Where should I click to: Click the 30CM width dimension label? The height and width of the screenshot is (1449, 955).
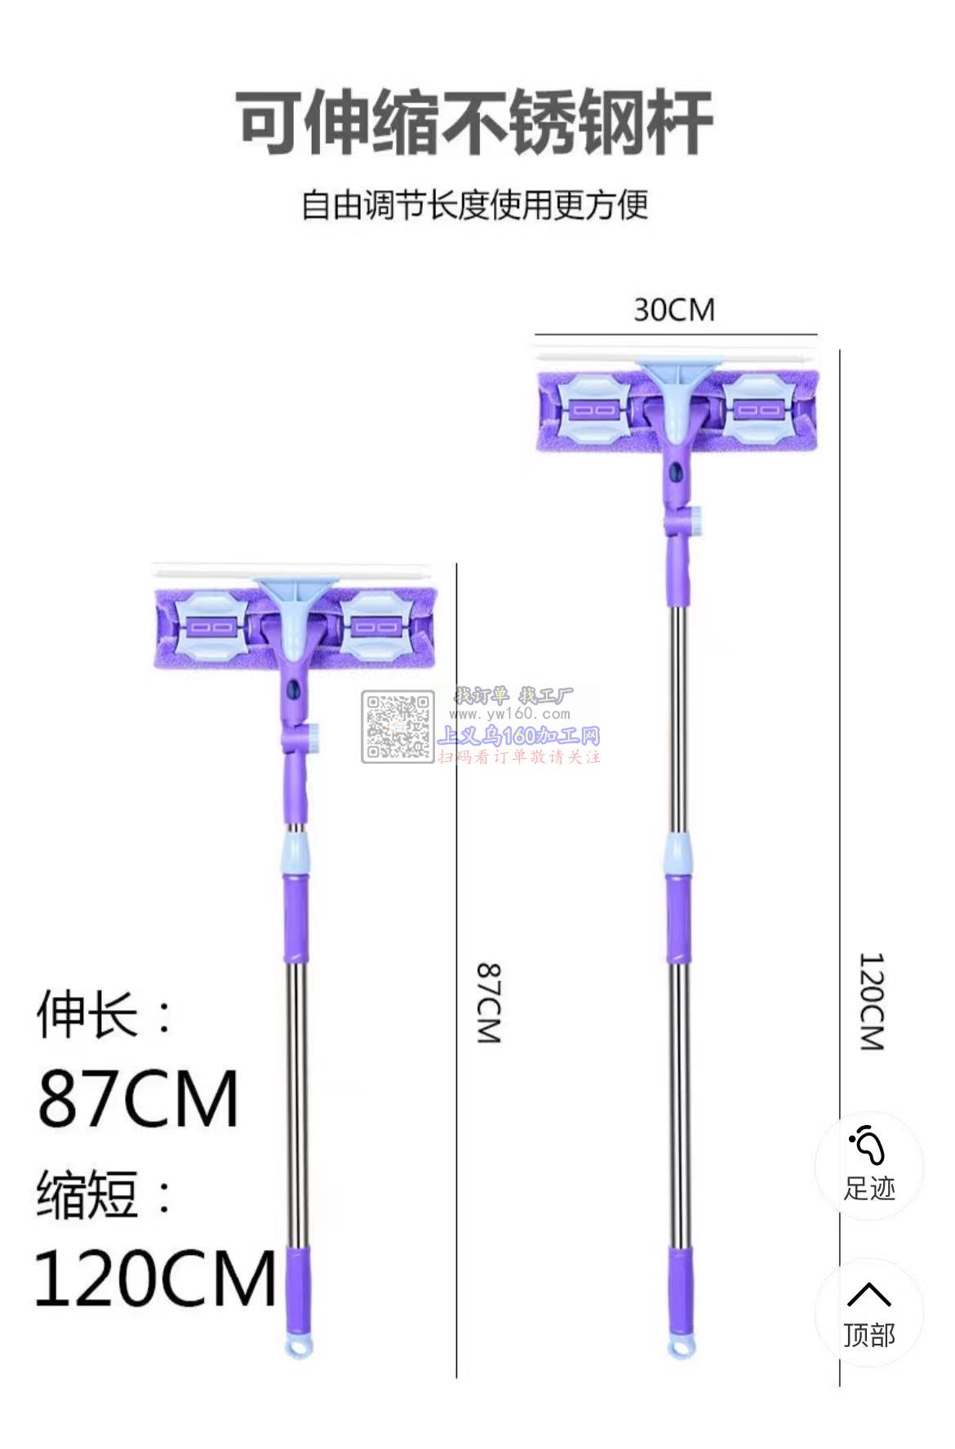[x=673, y=310]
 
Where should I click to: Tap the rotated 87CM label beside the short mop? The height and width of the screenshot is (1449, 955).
[x=488, y=1003]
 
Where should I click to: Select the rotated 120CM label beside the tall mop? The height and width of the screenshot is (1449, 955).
[x=871, y=1001]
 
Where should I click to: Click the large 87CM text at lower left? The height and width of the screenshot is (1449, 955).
[x=138, y=1098]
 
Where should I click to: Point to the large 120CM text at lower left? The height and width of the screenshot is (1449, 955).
[x=156, y=1278]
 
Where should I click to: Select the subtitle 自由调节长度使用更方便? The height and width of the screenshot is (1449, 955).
[x=475, y=204]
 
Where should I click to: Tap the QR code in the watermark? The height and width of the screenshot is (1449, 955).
[x=398, y=728]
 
